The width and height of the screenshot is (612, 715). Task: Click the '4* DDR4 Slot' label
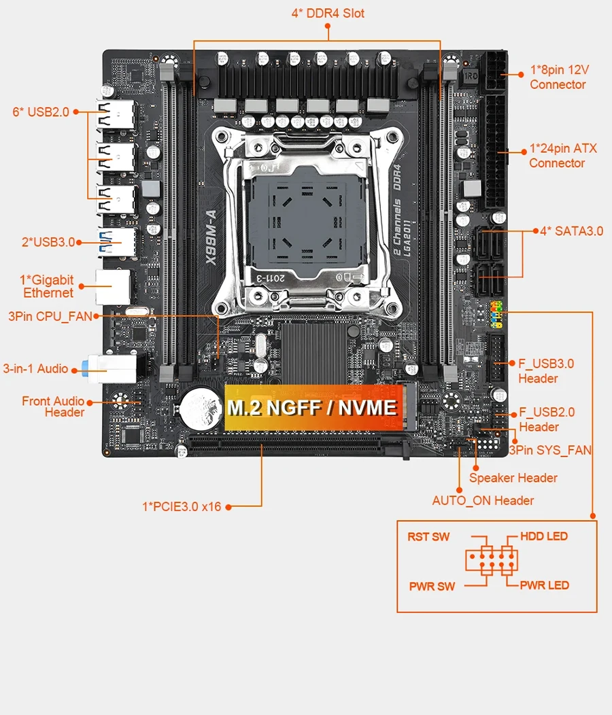click(327, 13)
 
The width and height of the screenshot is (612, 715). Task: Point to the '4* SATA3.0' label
click(571, 231)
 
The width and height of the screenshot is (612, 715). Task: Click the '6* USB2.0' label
click(41, 111)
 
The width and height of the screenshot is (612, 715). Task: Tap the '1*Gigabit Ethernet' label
click(47, 286)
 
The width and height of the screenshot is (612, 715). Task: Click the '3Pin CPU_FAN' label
click(49, 316)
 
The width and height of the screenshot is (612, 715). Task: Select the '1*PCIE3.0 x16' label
click(182, 506)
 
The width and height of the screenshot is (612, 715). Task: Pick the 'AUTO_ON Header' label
click(483, 501)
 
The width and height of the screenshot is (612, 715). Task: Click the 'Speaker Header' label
click(513, 478)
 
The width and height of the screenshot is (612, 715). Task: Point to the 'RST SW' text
click(428, 537)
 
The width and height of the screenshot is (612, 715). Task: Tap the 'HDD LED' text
click(543, 536)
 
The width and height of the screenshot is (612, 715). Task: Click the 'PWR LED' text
click(544, 585)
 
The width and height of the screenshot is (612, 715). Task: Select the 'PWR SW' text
click(432, 586)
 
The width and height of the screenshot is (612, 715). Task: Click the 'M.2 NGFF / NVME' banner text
click(312, 408)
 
